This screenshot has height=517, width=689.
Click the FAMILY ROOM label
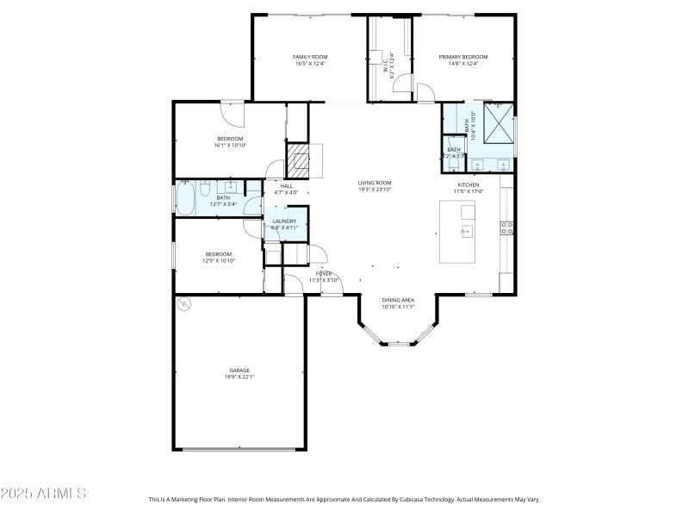pyautogui.click(x=311, y=57)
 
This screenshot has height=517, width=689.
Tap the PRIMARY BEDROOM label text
pyautogui.click(x=463, y=57)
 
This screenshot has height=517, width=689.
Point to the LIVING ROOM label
pyautogui.click(x=376, y=183)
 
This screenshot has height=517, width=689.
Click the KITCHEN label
pyautogui.click(x=468, y=184)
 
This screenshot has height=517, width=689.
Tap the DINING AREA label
pyautogui.click(x=398, y=300)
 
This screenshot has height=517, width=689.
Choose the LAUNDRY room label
pyautogui.click(x=285, y=221)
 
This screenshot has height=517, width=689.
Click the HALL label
pyautogui.click(x=287, y=185)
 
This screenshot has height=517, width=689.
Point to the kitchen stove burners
pyautogui.click(x=507, y=228)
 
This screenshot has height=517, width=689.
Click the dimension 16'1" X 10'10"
pyautogui.click(x=230, y=146)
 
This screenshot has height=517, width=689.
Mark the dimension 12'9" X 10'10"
pyautogui.click(x=219, y=260)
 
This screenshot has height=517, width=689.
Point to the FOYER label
pyautogui.click(x=323, y=273)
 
